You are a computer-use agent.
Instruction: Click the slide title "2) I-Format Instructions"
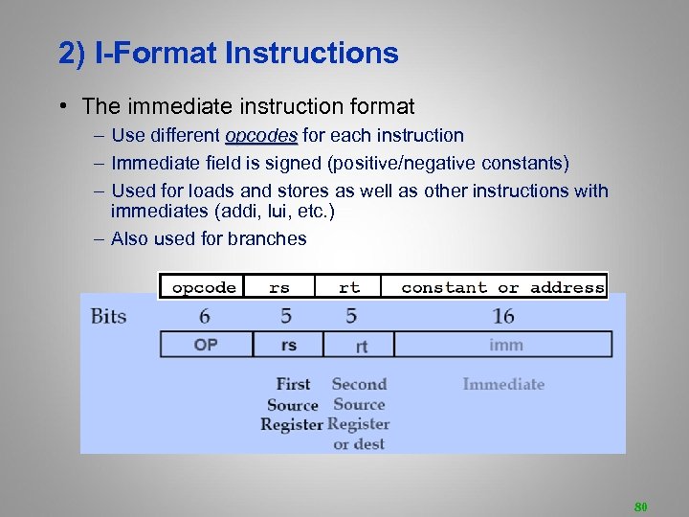(228, 54)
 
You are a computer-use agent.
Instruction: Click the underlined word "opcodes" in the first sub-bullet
(261, 136)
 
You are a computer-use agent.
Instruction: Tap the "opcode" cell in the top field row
(203, 287)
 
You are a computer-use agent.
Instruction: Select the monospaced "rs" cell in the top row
(278, 287)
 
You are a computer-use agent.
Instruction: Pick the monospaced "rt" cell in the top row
(349, 287)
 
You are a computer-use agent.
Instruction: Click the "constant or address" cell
(502, 287)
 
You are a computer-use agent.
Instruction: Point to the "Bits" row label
(108, 316)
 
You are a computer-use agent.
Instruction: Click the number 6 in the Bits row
(205, 316)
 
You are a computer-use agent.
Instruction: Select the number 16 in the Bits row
(503, 316)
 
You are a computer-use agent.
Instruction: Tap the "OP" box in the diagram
(206, 345)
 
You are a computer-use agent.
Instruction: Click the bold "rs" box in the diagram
(288, 345)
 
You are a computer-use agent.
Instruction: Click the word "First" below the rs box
(293, 385)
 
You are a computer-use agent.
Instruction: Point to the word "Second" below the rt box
(359, 385)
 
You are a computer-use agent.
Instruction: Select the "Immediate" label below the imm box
(503, 385)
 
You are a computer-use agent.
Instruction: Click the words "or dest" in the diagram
(359, 444)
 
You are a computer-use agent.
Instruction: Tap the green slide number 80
(640, 505)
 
